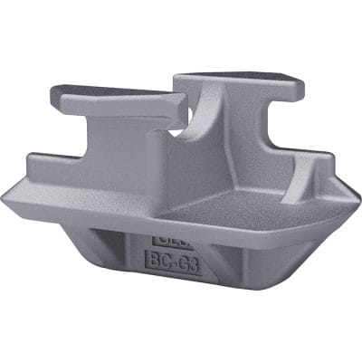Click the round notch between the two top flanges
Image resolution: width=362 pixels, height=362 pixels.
click(x=186, y=132)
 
